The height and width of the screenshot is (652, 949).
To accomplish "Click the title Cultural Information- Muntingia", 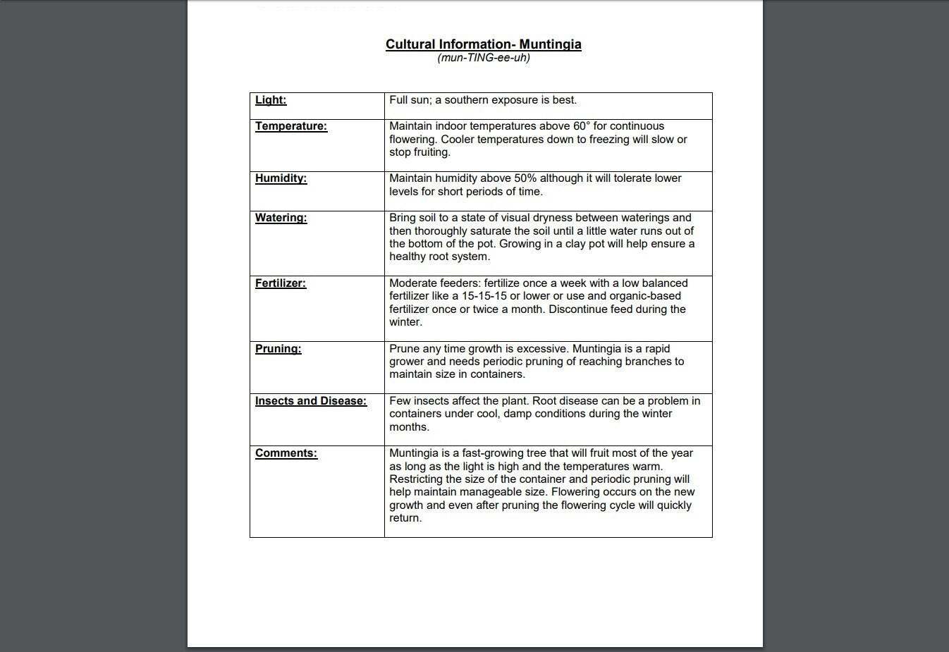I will pyautogui.click(x=483, y=44).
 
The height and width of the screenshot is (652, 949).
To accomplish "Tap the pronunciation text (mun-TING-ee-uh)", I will pyautogui.click(x=483, y=58).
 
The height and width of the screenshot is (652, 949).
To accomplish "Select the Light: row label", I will pyautogui.click(x=271, y=100).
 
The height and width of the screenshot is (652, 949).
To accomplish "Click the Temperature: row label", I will pyautogui.click(x=291, y=126).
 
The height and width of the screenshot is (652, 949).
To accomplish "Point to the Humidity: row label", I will pyautogui.click(x=281, y=178).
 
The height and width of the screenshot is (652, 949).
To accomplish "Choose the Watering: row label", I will pyautogui.click(x=281, y=218).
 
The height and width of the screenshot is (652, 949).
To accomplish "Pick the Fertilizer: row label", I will pyautogui.click(x=280, y=283).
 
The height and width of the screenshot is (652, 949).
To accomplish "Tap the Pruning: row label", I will pyautogui.click(x=278, y=349).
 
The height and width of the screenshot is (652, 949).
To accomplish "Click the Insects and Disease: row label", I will pyautogui.click(x=311, y=401).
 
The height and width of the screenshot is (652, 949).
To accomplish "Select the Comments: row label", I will pyautogui.click(x=286, y=453).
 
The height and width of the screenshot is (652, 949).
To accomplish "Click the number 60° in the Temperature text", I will pyautogui.click(x=581, y=126).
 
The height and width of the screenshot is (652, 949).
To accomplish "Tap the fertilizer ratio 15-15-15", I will pyautogui.click(x=484, y=296).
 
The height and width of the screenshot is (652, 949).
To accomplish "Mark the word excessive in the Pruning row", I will pyautogui.click(x=542, y=349).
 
